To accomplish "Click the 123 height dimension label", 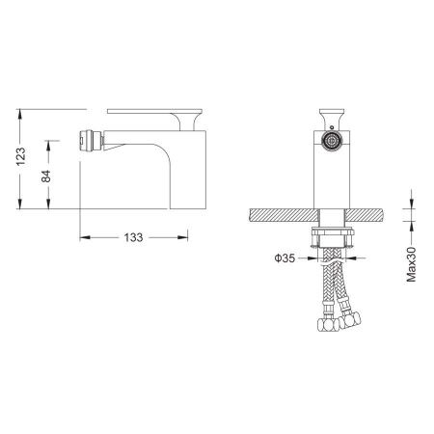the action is pyautogui.click(x=21, y=156).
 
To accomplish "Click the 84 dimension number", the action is pyautogui.click(x=46, y=176).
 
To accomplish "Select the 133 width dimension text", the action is pyautogui.click(x=133, y=237).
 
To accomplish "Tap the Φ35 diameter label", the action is pyautogui.click(x=285, y=258).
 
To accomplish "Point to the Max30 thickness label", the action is pyautogui.click(x=411, y=264).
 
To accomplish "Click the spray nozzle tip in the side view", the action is pyautogui.click(x=91, y=140).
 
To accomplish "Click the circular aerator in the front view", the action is pyautogui.click(x=332, y=141).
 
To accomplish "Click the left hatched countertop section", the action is pyautogui.click(x=285, y=215).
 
